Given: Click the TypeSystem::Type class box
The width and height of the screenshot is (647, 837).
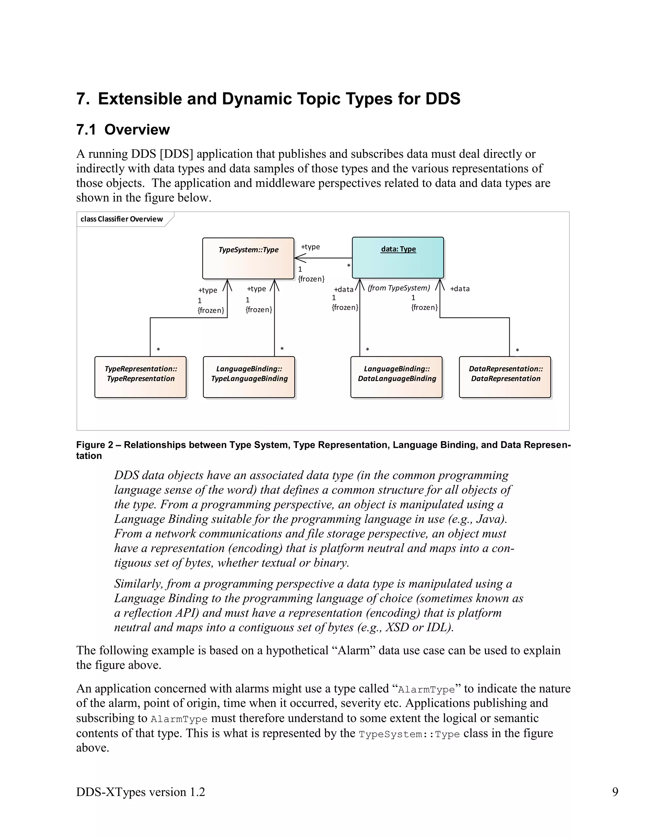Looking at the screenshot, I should tap(248, 258).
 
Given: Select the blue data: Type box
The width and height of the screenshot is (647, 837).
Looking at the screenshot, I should tap(398, 257).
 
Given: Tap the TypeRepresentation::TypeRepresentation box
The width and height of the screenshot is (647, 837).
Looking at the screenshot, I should tap(140, 377).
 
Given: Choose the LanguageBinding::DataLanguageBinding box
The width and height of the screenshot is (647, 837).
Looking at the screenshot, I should tap(396, 377).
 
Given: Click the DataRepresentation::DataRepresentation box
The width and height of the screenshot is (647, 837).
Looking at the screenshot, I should tap(505, 377).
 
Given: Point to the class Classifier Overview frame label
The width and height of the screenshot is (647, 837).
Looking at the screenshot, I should tap(122, 219).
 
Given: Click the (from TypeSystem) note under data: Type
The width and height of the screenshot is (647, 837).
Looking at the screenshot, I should tap(399, 288).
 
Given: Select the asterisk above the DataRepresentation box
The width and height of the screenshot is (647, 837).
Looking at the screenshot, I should tap(517, 350).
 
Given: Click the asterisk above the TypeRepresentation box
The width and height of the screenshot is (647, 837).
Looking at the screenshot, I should tap(158, 350).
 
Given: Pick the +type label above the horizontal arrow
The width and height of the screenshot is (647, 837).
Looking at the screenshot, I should tap(310, 247).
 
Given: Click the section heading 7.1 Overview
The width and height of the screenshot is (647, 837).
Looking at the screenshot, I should tap(123, 129).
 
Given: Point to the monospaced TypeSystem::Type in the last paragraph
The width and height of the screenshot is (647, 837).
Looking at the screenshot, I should tap(409, 734).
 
